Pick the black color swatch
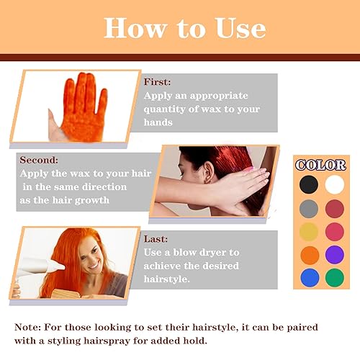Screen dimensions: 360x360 tap(308, 184)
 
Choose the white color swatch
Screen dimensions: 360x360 tap(335, 184)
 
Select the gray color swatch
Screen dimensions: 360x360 tap(308, 209)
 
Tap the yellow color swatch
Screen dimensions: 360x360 tap(308, 232)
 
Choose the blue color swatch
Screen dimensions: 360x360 tap(308, 278)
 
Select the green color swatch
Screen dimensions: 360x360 tap(335, 278)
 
